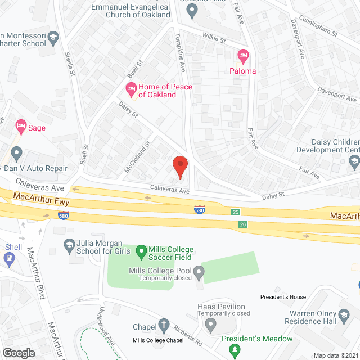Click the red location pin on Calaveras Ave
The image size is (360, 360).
coord(179,166)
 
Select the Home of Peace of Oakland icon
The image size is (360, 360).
coord(131,88)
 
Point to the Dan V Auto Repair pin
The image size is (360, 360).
coord(16,153)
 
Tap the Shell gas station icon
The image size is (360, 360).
coord(10,259)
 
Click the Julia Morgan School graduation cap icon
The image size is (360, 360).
coord(69,244)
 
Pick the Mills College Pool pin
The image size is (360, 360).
coord(199,274)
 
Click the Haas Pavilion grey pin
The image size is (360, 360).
coord(210,325)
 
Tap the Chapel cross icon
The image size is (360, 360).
coord(164,325)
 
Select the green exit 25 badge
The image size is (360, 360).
coord(235,212)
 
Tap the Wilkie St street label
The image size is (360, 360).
coord(214,40)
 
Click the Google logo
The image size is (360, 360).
coord(19,353)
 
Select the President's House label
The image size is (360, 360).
coord(283,296)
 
